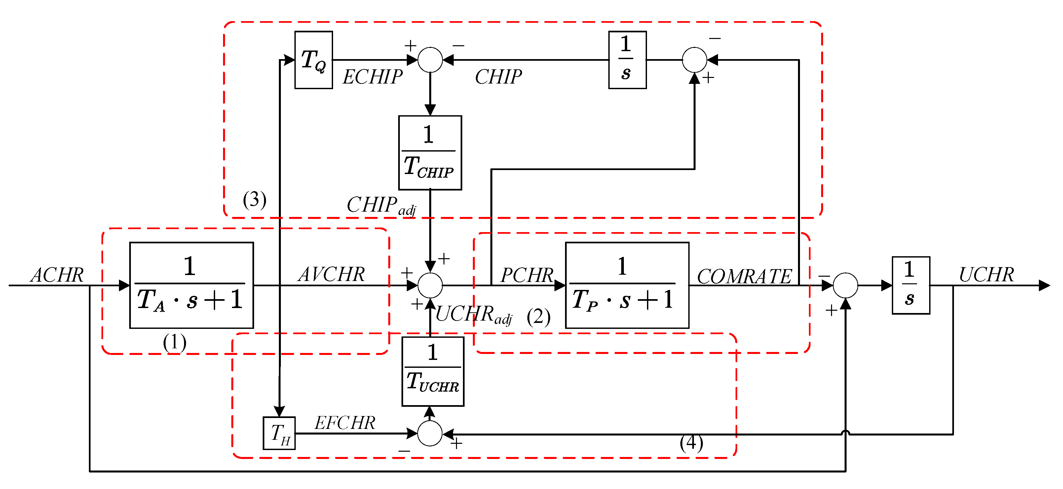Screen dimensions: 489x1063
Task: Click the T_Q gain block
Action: (313, 60)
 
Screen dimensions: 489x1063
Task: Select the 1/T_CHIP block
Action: (430, 153)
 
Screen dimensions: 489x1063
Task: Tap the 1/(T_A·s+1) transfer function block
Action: (191, 285)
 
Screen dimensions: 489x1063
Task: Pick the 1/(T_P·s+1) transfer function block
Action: (626, 285)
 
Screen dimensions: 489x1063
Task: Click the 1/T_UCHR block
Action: (433, 371)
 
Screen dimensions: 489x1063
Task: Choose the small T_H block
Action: (279, 433)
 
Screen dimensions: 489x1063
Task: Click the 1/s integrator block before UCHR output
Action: (910, 285)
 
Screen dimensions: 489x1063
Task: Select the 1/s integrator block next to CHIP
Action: (627, 60)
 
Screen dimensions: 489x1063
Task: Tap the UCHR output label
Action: (986, 275)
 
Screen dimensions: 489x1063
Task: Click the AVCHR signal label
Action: (331, 274)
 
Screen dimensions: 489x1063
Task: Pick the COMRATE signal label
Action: (744, 276)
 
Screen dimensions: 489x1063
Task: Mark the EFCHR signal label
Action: (345, 423)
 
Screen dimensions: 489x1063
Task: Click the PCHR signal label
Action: (527, 275)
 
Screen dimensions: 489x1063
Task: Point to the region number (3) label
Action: (254, 199)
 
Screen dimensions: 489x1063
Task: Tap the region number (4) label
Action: (691, 442)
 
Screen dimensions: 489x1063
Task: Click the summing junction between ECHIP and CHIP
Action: (430, 60)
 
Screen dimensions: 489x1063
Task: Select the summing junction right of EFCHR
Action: (430, 433)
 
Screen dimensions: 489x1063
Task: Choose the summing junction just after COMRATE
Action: (845, 285)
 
